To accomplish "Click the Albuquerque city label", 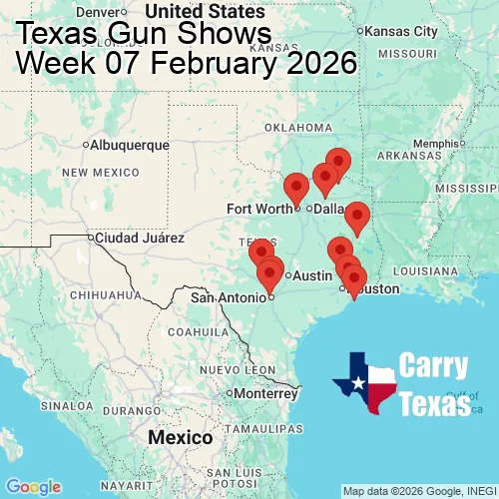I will pos(130,145).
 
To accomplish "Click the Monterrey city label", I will pos(265,393).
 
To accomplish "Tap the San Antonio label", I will pos(230,296).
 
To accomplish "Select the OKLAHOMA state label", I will pos(298,128).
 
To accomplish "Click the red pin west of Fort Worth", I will pos(295,187).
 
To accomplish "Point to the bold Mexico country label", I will pos(180,438).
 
